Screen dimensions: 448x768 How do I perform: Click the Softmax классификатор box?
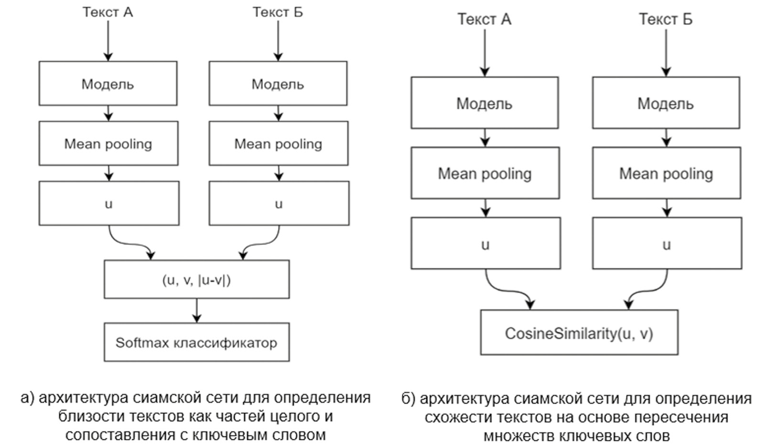click(x=196, y=342)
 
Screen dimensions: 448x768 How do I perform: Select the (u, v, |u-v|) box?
click(x=196, y=279)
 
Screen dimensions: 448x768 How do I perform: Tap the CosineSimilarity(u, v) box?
click(x=579, y=333)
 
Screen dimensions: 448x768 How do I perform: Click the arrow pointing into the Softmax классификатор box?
click(x=196, y=311)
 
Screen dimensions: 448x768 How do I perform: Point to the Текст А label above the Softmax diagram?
click(x=108, y=12)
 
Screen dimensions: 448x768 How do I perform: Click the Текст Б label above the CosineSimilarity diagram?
click(x=666, y=19)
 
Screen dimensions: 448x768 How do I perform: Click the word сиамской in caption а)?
click(x=165, y=397)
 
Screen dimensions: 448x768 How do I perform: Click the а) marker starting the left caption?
click(x=27, y=397)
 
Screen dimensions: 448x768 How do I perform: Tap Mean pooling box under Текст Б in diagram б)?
click(x=666, y=173)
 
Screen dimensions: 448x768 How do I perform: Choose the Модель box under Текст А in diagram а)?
click(x=108, y=84)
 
